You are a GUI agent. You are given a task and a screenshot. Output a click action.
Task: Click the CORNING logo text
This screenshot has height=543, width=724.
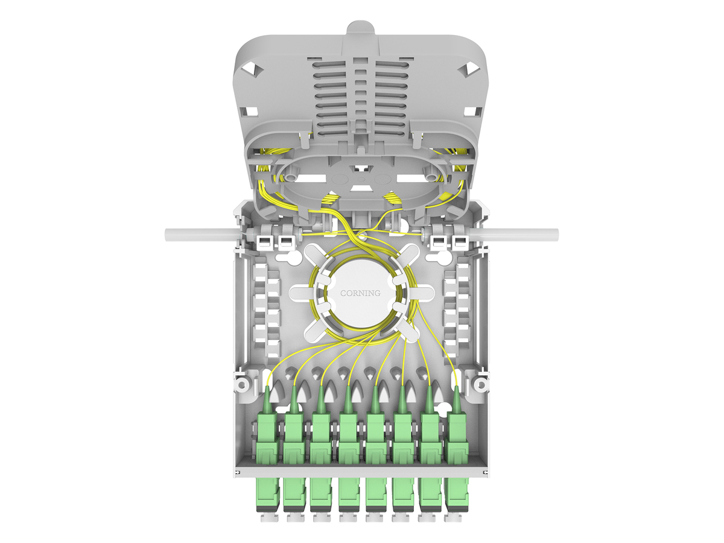(x=360, y=293)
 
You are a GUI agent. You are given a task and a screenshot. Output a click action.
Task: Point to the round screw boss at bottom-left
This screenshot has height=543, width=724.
(x=242, y=384)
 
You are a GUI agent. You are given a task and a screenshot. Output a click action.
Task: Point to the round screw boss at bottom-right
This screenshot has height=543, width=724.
(x=481, y=384)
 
